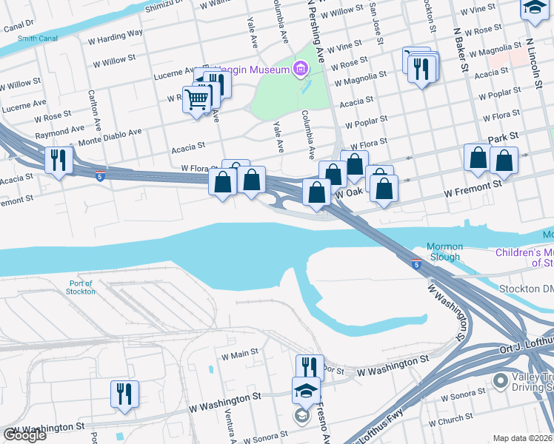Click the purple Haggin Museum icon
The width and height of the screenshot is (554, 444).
[x=300, y=70]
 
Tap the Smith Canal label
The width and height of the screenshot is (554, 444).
[x=38, y=39]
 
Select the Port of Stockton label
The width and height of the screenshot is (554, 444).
[x=81, y=287]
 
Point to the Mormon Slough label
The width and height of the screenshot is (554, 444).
[x=444, y=252]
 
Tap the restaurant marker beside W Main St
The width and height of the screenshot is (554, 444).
[x=310, y=368]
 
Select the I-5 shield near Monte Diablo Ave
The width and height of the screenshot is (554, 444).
[x=99, y=175]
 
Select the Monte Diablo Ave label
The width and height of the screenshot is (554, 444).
[x=110, y=133]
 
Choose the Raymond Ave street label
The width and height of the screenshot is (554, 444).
[x=60, y=133]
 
